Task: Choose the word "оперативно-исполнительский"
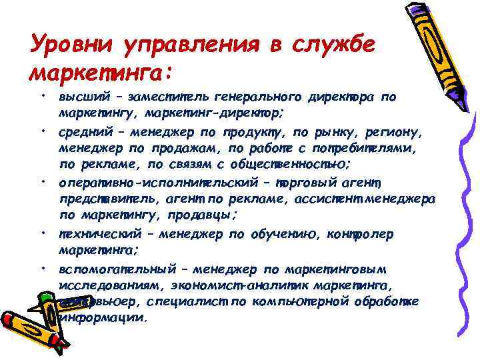click(153, 184)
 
